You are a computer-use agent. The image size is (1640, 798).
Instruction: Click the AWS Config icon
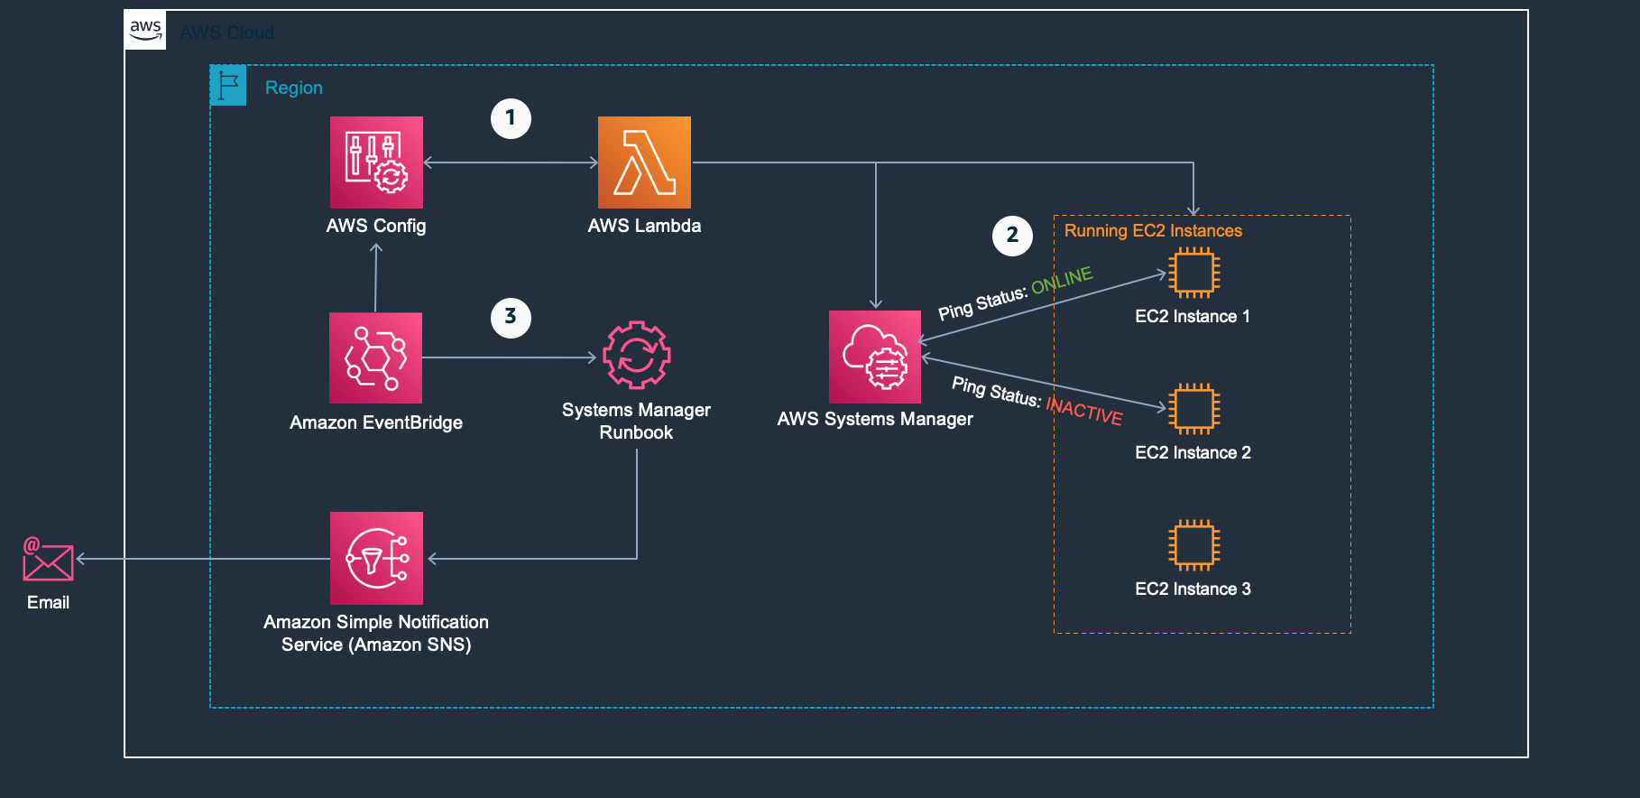click(376, 162)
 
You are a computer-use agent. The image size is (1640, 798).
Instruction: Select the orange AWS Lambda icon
click(644, 162)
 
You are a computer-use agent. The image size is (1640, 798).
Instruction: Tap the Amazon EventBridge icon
click(375, 357)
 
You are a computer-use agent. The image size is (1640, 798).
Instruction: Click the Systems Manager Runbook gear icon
click(636, 356)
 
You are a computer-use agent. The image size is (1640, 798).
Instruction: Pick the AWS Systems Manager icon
click(875, 357)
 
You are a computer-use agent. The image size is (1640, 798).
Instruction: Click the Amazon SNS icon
click(376, 558)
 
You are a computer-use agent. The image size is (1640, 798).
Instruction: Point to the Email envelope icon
click(48, 560)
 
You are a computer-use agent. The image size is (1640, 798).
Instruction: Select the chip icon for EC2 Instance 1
click(1193, 273)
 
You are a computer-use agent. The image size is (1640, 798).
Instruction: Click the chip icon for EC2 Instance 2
click(1193, 409)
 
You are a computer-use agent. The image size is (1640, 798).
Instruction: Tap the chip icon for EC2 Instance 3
click(1193, 545)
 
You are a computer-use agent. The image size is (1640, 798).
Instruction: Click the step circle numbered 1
click(511, 118)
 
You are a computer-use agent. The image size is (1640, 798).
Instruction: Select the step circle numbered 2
click(1012, 236)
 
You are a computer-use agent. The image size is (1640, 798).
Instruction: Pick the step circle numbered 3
click(511, 317)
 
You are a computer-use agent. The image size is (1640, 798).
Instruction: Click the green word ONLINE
click(1062, 281)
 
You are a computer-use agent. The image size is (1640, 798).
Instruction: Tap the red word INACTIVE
click(1084, 411)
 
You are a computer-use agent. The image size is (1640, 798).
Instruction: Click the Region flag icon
click(228, 86)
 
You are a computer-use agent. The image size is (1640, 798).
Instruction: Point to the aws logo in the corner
click(145, 31)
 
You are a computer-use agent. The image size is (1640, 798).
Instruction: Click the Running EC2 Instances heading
click(1153, 231)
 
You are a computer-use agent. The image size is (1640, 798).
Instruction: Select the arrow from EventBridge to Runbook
click(510, 358)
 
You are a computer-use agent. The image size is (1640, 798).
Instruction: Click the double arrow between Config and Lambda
click(511, 162)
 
